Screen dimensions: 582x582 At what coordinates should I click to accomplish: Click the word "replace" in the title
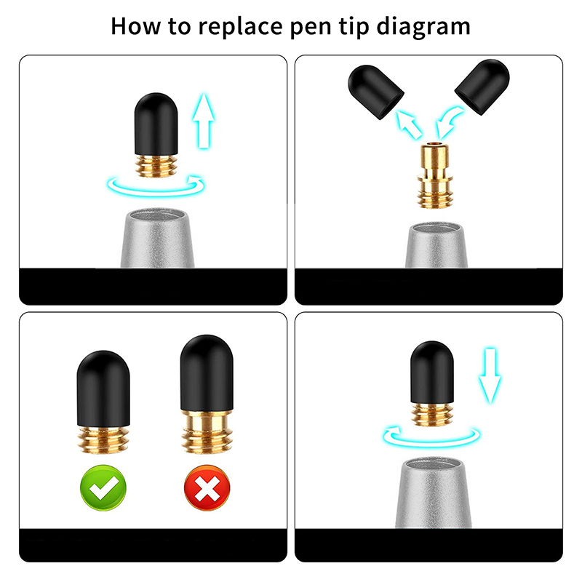(x=240, y=27)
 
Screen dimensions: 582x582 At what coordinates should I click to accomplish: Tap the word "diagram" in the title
(x=423, y=27)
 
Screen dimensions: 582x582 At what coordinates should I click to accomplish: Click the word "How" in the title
(x=136, y=26)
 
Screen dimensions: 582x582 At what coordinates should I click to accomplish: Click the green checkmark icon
(x=103, y=487)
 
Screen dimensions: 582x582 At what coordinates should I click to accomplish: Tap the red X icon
(x=207, y=487)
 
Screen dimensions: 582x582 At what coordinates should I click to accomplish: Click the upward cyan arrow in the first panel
(x=204, y=121)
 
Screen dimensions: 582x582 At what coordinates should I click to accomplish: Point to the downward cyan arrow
(x=490, y=375)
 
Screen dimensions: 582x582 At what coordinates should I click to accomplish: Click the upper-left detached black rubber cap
(x=375, y=92)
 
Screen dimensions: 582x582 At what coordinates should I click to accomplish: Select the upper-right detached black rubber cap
(x=482, y=86)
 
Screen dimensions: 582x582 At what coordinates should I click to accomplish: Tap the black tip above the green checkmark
(x=103, y=388)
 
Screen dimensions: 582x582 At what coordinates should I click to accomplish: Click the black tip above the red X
(x=207, y=373)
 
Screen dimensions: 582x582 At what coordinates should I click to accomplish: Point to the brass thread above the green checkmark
(x=103, y=439)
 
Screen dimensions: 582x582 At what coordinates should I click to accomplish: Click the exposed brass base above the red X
(x=207, y=431)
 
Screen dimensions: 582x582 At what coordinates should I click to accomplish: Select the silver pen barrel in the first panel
(x=156, y=239)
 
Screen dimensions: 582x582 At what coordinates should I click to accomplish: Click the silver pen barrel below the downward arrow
(x=433, y=493)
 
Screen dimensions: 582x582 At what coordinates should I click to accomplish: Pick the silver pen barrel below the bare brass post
(x=436, y=245)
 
